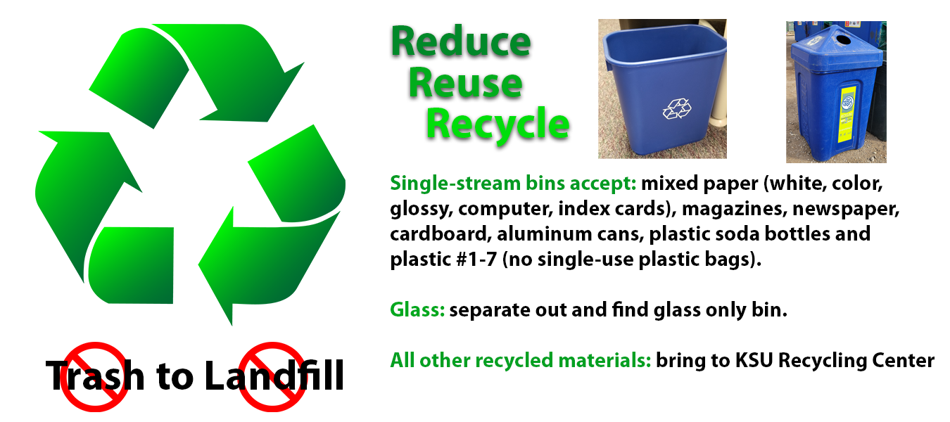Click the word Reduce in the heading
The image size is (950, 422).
click(461, 42)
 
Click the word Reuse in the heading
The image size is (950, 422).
click(465, 83)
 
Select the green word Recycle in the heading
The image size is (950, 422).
click(498, 124)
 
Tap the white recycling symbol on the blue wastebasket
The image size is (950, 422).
click(677, 109)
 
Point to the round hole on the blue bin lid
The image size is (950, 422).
click(843, 40)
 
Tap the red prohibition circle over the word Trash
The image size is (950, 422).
click(95, 377)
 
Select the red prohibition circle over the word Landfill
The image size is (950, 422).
click(272, 377)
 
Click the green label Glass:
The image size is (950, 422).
click(417, 309)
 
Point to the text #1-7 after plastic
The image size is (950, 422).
click(476, 260)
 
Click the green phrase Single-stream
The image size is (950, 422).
click(455, 184)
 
